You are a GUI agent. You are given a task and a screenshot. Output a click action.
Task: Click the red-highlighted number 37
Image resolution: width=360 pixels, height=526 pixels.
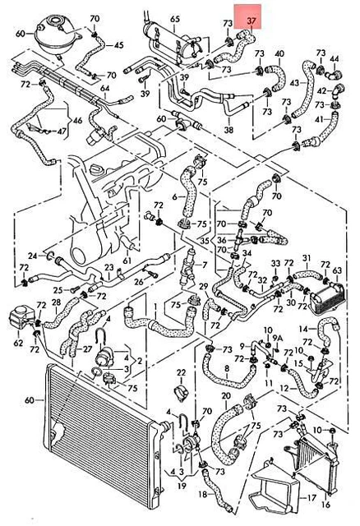pos(252,21)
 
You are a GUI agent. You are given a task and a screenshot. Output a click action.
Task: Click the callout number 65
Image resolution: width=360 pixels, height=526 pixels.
pos(175,19)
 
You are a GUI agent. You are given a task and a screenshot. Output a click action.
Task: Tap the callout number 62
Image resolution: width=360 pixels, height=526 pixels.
pos(18,343)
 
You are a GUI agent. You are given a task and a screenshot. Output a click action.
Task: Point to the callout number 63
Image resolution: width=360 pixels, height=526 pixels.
pos(337,270)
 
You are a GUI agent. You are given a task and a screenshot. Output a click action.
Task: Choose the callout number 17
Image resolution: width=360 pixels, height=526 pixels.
pos(312,497)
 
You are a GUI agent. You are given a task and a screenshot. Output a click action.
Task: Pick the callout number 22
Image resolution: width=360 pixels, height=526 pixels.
pos(181,372)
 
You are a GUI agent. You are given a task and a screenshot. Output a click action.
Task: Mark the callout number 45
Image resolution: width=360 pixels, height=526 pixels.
pos(119,45)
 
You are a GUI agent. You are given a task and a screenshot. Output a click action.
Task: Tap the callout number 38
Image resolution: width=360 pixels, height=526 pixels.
pos(228,129)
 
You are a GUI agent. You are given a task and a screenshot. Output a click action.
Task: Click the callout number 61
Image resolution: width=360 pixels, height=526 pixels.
pos(127,261)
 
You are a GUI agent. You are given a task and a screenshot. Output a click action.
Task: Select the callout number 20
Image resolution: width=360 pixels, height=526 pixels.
pos(226,396)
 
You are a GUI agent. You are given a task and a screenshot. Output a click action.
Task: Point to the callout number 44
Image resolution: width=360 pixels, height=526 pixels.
pos(335,58)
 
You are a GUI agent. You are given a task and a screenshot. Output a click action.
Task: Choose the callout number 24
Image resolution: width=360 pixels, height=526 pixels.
pos(33,256)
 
